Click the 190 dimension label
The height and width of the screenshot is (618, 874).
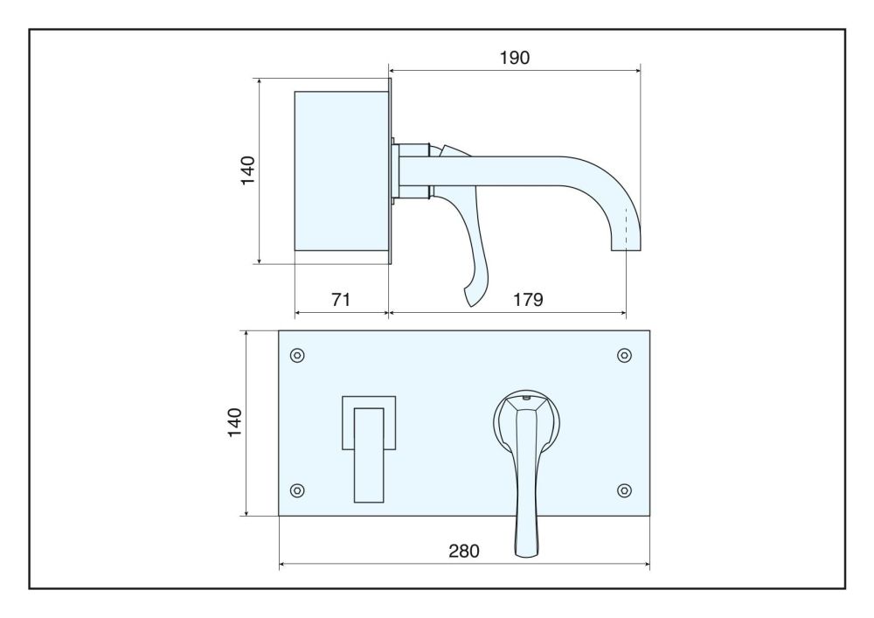click(x=515, y=58)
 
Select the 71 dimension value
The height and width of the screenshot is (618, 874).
click(x=341, y=300)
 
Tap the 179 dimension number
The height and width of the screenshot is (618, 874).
click(x=528, y=300)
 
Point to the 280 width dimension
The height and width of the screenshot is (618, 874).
click(x=464, y=551)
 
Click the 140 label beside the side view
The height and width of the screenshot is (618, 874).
click(x=247, y=170)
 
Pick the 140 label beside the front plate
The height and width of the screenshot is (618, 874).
click(x=234, y=422)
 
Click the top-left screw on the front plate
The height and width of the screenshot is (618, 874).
click(x=298, y=355)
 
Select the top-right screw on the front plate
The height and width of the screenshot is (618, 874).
click(x=624, y=355)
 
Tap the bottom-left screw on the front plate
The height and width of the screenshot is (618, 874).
click(x=298, y=490)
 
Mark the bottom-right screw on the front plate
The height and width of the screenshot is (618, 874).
click(x=624, y=490)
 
